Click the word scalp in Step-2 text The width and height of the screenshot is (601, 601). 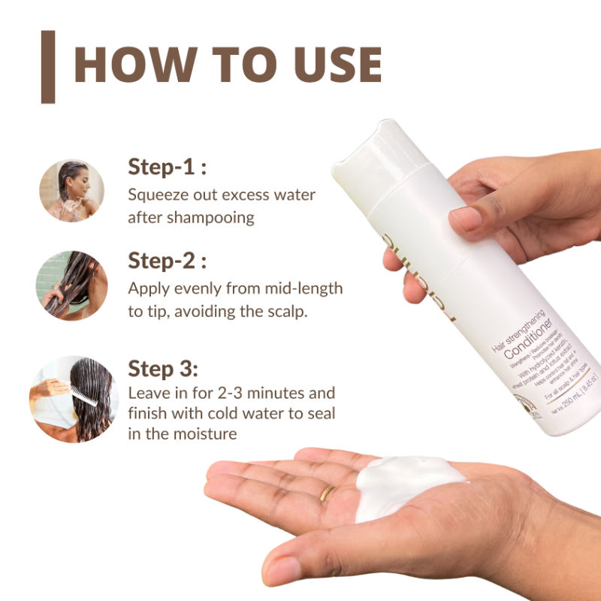[x=288, y=311]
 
